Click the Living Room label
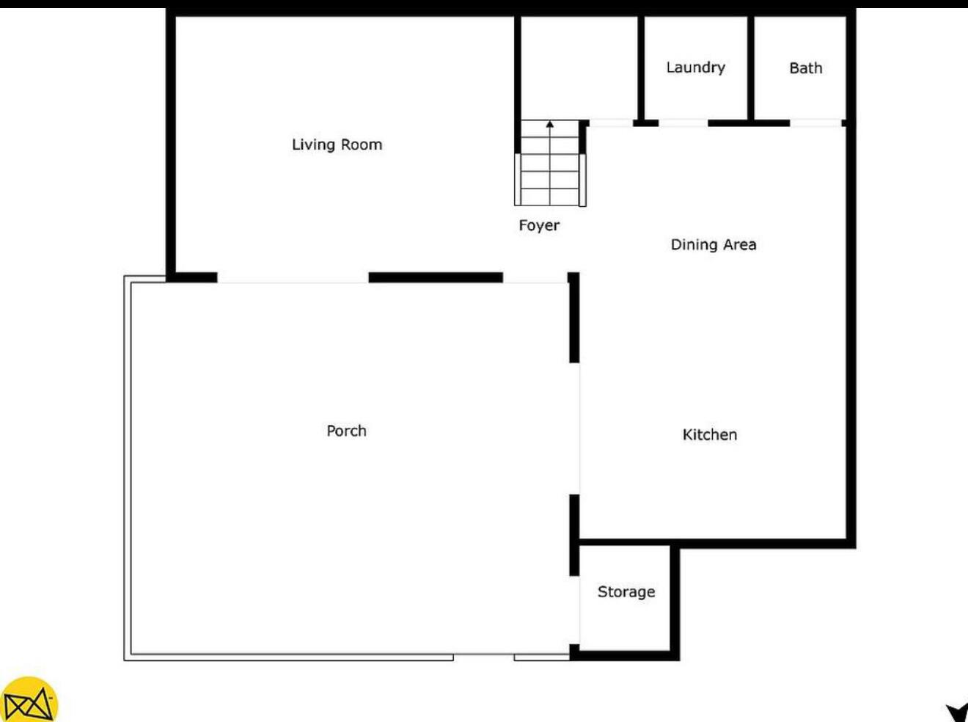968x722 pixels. [337, 145]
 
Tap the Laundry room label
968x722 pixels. [695, 68]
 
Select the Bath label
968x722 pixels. [805, 68]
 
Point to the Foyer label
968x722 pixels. [539, 225]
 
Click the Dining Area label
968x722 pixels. [713, 244]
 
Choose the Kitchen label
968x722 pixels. [709, 434]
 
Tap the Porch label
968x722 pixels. [346, 431]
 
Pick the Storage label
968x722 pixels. [626, 591]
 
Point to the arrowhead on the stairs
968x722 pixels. [550, 125]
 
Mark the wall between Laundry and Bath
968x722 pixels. [751, 68]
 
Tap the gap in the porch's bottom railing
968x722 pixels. [483, 657]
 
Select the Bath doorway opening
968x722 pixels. [815, 123]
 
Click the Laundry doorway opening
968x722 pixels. [683, 123]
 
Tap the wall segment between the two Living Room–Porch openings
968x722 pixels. [435, 277]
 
